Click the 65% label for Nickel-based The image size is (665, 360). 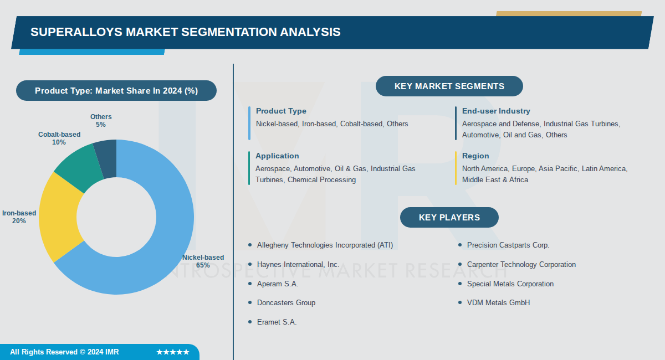[203, 265]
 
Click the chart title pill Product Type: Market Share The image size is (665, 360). [116, 91]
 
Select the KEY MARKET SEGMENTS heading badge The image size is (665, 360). [449, 86]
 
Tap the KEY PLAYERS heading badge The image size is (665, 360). [449, 218]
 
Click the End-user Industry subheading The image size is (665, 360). [495, 111]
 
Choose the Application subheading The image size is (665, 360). [277, 156]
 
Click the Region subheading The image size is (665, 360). [475, 156]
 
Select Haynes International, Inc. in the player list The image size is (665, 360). [298, 265]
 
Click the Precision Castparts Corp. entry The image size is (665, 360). [508, 245]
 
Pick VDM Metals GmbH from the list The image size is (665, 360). [498, 303]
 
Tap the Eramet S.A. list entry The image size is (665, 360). [277, 322]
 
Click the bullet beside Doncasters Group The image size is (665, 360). [250, 303]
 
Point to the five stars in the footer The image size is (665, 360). [173, 352]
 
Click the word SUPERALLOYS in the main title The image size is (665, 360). [76, 32]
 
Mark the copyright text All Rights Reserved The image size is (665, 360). [64, 352]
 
